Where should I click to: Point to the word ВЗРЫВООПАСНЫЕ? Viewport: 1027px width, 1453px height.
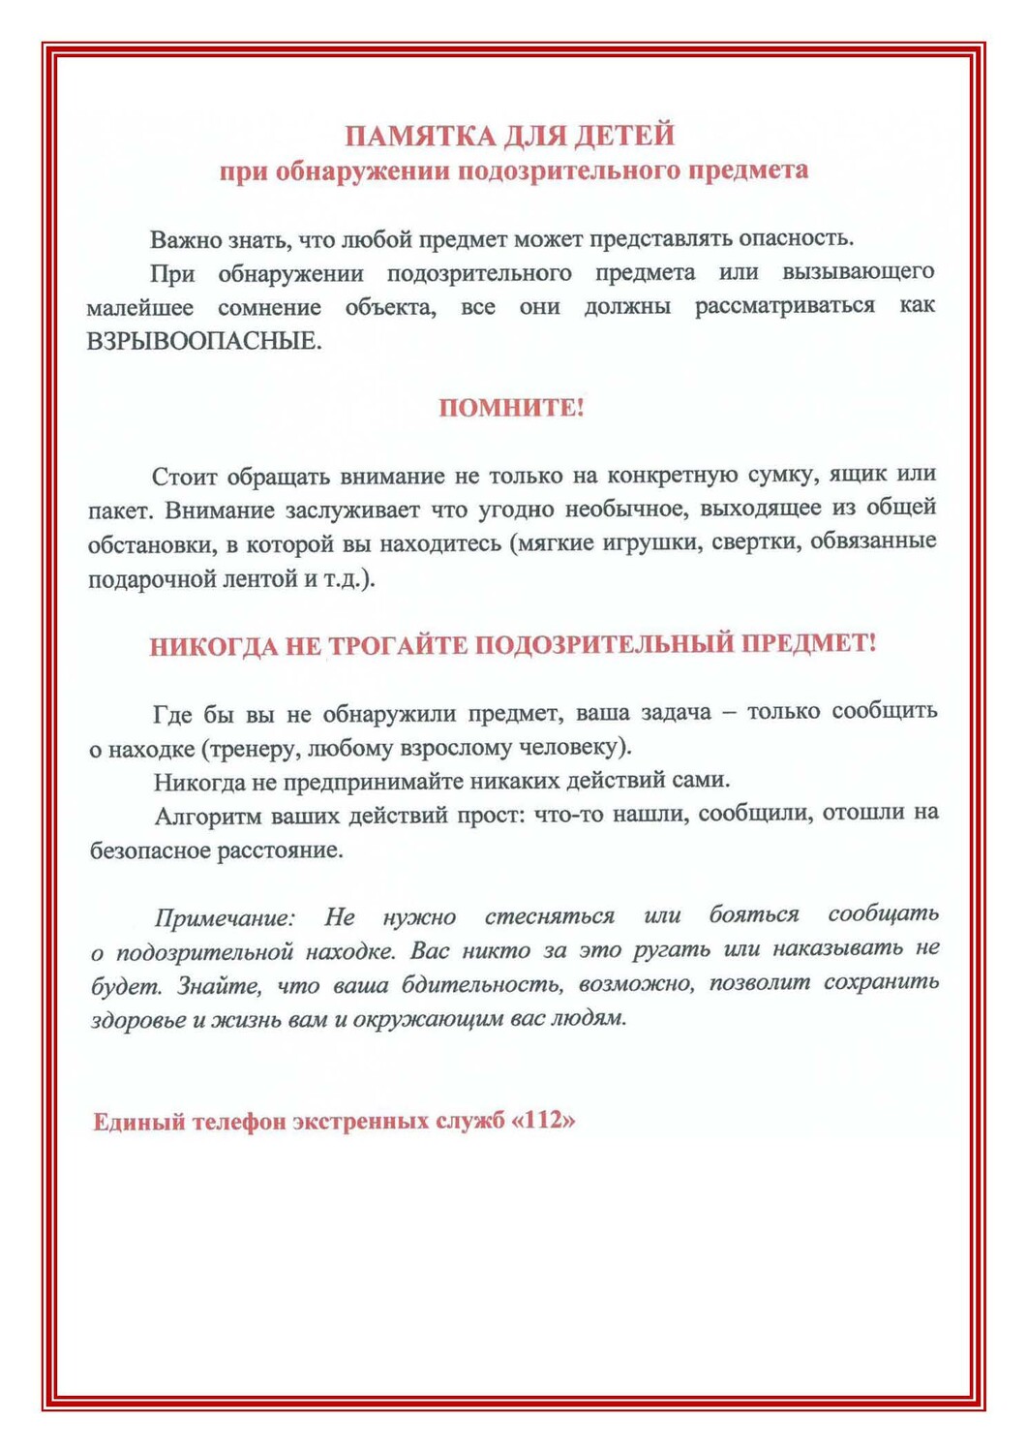[204, 342]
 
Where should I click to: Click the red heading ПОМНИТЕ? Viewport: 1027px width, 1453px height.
[511, 408]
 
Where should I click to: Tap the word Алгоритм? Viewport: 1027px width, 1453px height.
[205, 816]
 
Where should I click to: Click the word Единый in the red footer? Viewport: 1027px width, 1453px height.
[138, 1123]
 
